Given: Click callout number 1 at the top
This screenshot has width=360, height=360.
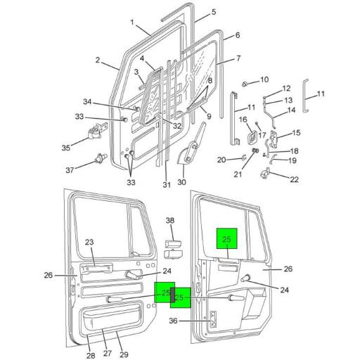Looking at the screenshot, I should pos(131,22).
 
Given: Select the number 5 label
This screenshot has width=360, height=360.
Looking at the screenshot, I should pos(214,12).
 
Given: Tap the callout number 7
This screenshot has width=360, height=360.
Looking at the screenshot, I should pos(238,58).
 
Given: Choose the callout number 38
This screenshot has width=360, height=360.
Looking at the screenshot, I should pos(169,221).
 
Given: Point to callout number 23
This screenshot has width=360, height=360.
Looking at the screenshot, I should pos(90,243).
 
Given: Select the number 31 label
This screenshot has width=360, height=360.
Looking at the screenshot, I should pos(167,185).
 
